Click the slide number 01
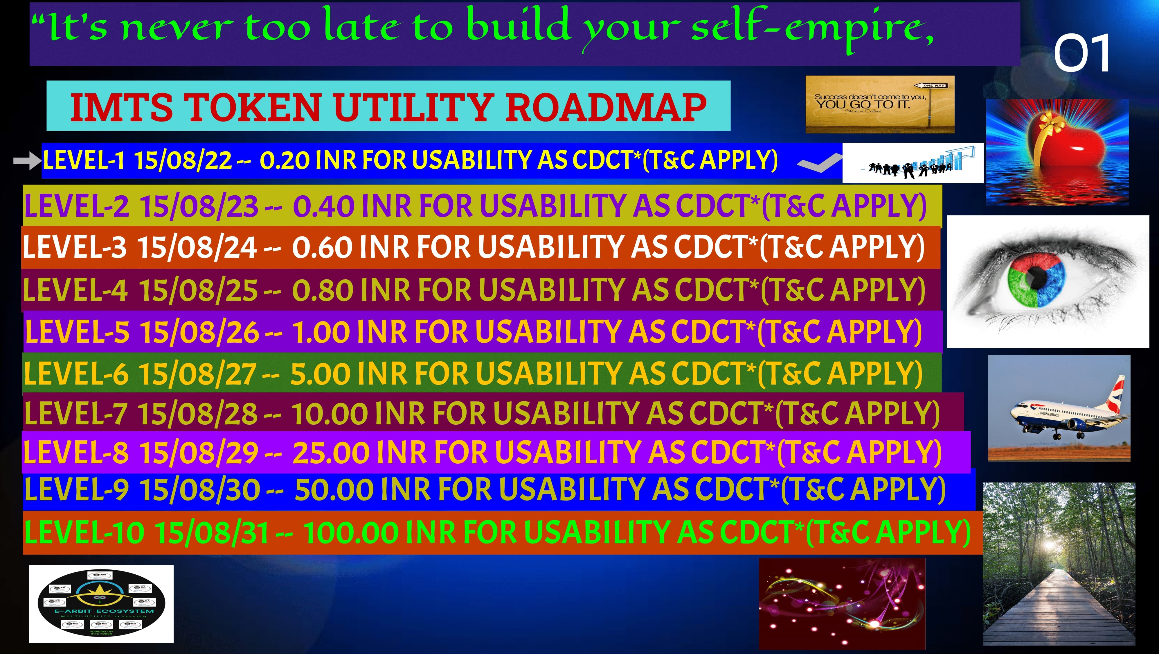tap(1081, 53)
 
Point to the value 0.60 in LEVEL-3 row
tap(322, 248)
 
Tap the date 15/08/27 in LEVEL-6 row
tap(197, 374)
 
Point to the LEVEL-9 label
tap(76, 489)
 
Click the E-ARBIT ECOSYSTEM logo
tap(101, 603)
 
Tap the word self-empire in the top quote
tap(810, 28)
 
